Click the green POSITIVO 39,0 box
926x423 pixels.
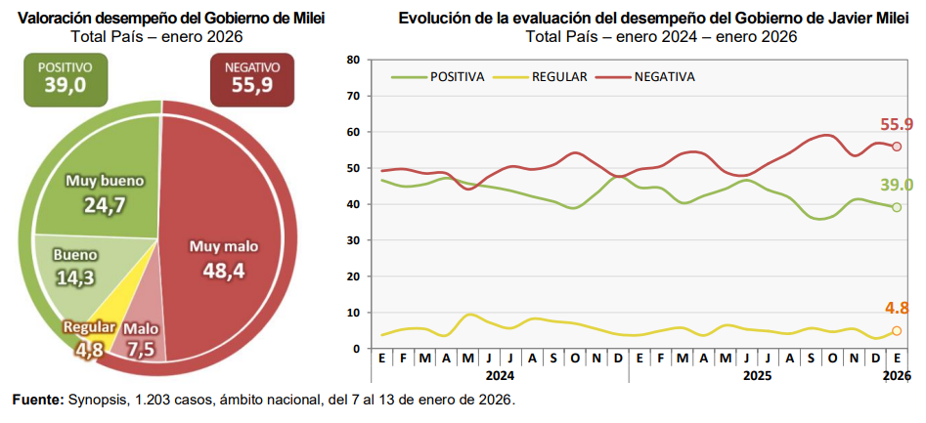pos(65,78)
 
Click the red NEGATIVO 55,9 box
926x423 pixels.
pos(252,78)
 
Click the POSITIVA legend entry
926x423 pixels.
pos(438,76)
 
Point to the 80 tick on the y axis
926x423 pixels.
pos(353,60)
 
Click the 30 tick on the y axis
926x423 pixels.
pos(353,240)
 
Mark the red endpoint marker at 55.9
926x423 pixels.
pos(896,146)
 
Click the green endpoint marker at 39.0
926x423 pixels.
pos(896,207)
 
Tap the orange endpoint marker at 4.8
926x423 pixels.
pos(896,331)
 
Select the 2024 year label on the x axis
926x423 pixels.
pos(500,375)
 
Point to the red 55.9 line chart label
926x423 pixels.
pos(895,124)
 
